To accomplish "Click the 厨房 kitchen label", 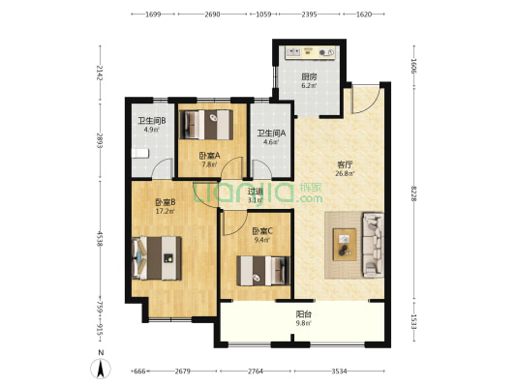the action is point(309,77).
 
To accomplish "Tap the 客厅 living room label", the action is point(345,164).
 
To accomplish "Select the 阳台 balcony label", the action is point(303,314).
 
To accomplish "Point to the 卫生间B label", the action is point(151,121).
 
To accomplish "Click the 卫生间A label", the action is point(271,134).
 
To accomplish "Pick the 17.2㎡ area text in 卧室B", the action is point(166,211).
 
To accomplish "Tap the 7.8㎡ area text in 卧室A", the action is point(209,164).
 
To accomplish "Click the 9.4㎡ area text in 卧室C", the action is point(262,240).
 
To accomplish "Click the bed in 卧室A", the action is point(206,125).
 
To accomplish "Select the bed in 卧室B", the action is point(157,258).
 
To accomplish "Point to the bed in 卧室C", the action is point(263,271).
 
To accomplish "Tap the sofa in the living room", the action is point(373,245).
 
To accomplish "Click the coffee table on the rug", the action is point(345,245).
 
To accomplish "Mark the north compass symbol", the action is point(101,369).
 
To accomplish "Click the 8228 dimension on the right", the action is point(414,193).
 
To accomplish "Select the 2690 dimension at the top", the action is point(212,15).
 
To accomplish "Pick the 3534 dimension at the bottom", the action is point(339,372).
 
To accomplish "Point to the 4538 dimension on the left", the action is point(100,239).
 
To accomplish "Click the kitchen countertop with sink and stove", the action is point(311,52).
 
